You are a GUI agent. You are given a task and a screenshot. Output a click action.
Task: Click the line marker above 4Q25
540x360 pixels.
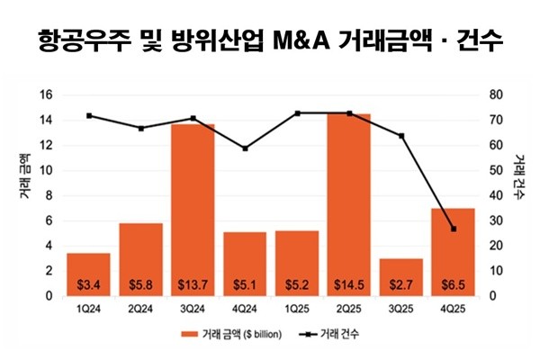[453, 229]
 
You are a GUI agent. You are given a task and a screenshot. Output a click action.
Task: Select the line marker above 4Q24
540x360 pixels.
[245, 148]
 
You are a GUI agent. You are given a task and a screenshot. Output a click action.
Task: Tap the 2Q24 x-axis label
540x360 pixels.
[140, 307]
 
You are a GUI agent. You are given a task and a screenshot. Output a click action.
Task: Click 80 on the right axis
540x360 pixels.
[491, 95]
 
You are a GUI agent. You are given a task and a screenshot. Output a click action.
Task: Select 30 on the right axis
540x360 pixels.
[491, 220]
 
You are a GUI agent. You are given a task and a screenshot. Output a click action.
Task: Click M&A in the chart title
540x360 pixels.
[301, 40]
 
